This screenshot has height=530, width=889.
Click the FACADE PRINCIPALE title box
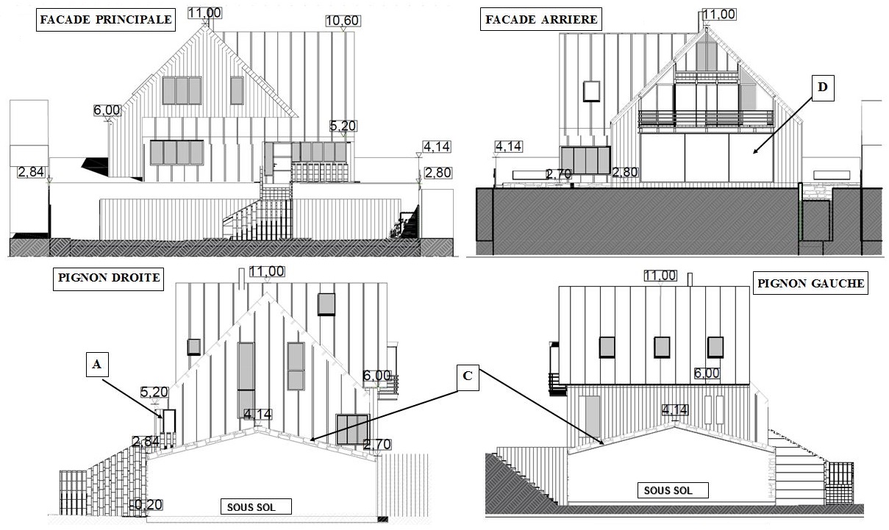point(105,20)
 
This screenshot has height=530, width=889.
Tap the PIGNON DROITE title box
point(107,280)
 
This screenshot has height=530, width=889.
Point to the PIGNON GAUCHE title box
point(810,283)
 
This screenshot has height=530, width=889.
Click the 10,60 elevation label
point(342,21)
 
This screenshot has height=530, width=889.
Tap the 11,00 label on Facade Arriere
point(718,15)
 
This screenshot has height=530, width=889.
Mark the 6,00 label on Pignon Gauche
point(707,373)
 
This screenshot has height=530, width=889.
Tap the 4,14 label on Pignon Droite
point(257,414)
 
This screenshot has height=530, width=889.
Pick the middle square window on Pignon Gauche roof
point(663,347)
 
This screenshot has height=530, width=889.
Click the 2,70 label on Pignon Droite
point(377,444)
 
